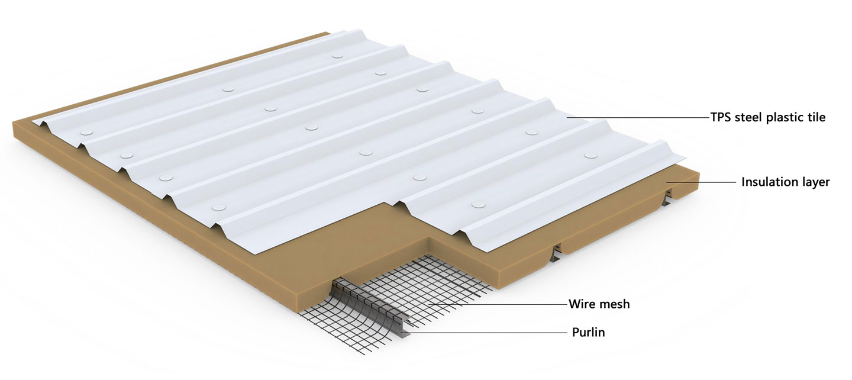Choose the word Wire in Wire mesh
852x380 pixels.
point(582,304)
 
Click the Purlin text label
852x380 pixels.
point(588,333)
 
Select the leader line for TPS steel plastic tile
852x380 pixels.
point(639,118)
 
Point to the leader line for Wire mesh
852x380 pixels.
point(497,304)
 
